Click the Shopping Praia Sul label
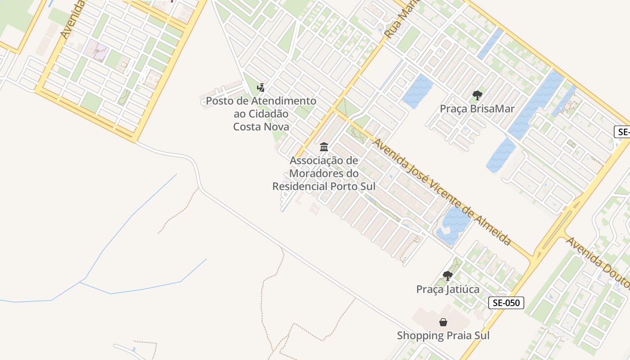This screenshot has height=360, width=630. [x=443, y=336]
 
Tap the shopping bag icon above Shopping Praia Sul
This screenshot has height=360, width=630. [x=443, y=322]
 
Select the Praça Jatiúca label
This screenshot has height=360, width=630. [x=447, y=289]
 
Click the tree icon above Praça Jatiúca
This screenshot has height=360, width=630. [x=447, y=275]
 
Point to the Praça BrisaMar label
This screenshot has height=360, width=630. [x=477, y=109]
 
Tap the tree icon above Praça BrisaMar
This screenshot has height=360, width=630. [x=477, y=95]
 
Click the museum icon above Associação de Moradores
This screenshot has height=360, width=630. [x=324, y=147]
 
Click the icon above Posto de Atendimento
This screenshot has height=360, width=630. [x=261, y=87]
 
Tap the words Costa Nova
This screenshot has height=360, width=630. [x=261, y=126]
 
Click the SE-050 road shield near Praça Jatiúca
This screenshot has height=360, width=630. [x=506, y=303]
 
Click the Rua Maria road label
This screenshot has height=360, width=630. [x=402, y=20]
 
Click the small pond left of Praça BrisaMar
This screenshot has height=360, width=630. [x=417, y=91]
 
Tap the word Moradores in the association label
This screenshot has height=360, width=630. [x=317, y=173]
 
